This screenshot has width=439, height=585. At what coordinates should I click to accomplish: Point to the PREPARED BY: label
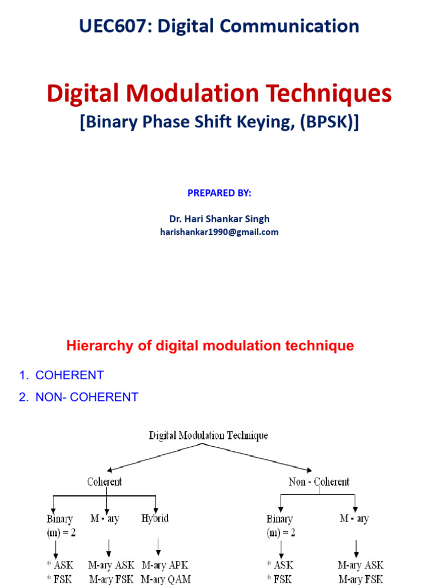click(x=219, y=193)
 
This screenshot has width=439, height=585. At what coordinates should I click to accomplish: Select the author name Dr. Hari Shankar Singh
click(x=219, y=219)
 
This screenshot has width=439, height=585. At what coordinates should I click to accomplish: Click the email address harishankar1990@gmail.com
click(x=219, y=232)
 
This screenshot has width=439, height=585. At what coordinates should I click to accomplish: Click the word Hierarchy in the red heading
click(x=94, y=346)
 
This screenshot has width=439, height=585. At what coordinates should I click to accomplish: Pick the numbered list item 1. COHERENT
click(x=61, y=375)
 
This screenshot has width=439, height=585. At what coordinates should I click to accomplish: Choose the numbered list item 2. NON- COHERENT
click(x=78, y=397)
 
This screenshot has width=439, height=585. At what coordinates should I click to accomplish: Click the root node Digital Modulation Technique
click(x=208, y=436)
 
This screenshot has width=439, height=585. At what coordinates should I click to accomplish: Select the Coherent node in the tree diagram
click(x=105, y=482)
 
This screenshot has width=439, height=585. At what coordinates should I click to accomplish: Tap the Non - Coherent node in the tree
click(x=318, y=482)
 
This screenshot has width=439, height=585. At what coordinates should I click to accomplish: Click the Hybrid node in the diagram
click(x=155, y=519)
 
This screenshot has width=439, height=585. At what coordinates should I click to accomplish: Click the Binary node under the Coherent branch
click(x=59, y=519)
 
